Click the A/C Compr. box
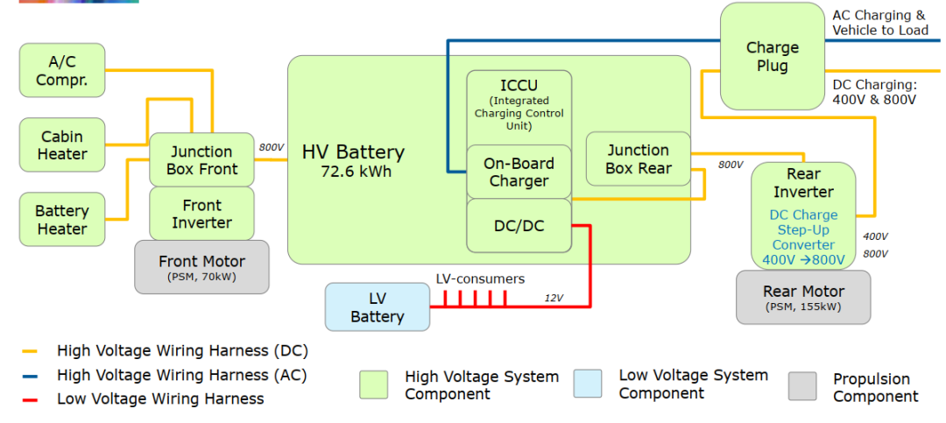click(x=61, y=70)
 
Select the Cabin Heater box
click(x=61, y=145)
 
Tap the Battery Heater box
click(x=61, y=220)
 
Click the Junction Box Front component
click(x=201, y=159)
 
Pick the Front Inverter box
click(x=201, y=214)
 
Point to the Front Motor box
click(x=201, y=266)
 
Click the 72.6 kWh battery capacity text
click(x=356, y=171)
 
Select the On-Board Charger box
click(x=519, y=172)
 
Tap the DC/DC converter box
click(x=519, y=225)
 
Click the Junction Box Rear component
click(x=638, y=159)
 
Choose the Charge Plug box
click(x=772, y=56)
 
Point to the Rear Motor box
click(x=803, y=297)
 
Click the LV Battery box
click(x=377, y=307)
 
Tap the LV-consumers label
click(x=480, y=278)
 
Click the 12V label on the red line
click(x=554, y=298)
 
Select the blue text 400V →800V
click(x=803, y=259)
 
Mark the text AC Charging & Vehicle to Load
click(x=879, y=23)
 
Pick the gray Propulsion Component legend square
click(x=801, y=385)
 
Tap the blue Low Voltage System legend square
click(x=588, y=384)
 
